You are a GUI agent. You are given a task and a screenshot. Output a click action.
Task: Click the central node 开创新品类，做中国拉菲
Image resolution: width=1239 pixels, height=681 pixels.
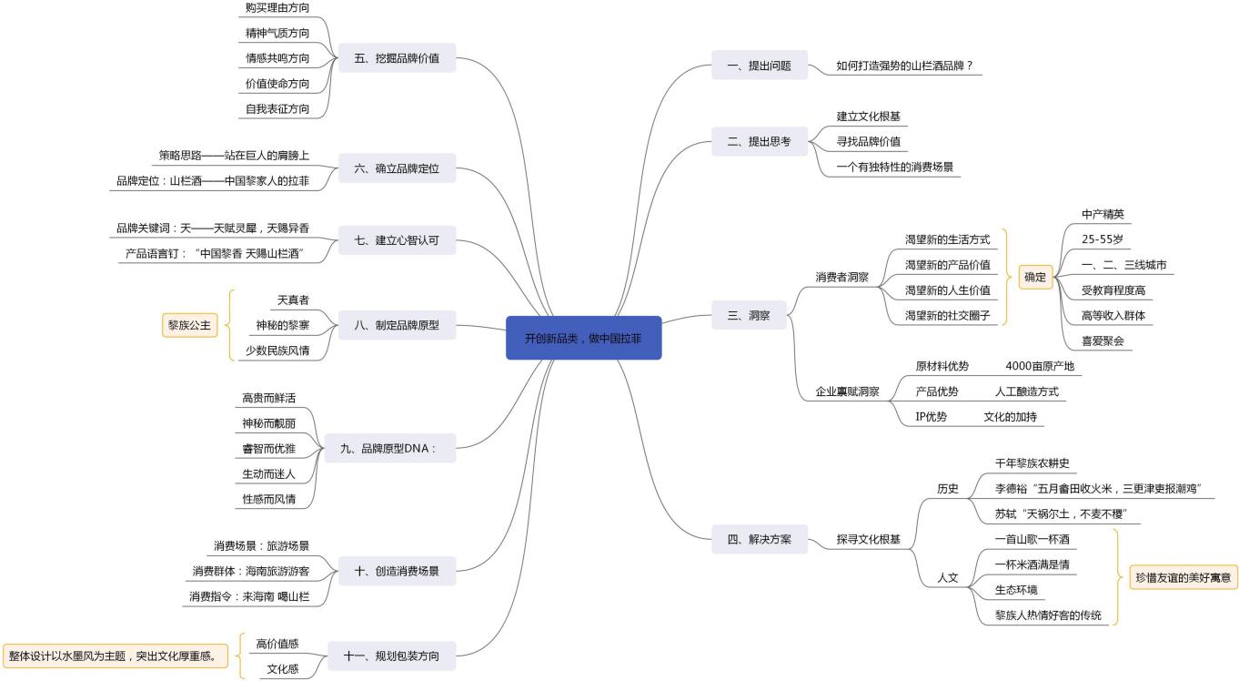(583, 338)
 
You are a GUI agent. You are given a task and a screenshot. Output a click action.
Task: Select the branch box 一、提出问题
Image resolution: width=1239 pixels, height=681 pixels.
(760, 66)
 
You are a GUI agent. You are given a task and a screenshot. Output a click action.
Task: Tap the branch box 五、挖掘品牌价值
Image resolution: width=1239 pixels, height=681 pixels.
(397, 59)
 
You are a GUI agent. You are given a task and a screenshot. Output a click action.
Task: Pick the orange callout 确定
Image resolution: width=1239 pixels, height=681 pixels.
(1035, 277)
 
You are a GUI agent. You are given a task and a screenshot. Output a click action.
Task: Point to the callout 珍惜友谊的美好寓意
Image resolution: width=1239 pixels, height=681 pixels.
(1183, 577)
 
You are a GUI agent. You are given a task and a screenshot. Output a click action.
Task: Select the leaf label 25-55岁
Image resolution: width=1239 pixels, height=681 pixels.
(1102, 240)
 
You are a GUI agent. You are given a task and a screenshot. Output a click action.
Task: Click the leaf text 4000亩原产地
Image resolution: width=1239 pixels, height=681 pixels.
(1039, 366)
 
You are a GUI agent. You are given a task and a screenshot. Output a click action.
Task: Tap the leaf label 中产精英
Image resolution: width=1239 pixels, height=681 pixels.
(1103, 215)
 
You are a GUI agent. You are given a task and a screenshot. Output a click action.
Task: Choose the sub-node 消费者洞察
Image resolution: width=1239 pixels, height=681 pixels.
(841, 277)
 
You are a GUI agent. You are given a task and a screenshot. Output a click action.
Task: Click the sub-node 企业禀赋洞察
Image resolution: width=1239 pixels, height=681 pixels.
(847, 391)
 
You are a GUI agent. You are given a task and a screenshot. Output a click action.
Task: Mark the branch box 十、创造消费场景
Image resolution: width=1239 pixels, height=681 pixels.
(397, 571)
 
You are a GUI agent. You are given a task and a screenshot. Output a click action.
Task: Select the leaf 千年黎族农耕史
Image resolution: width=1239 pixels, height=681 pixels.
(1032, 463)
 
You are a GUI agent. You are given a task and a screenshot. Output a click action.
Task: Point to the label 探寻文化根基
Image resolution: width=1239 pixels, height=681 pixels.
(869, 540)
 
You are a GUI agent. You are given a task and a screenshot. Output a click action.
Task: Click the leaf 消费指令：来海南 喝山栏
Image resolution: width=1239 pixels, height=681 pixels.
(249, 596)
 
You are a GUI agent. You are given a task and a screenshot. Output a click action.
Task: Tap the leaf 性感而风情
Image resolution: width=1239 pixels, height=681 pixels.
(268, 499)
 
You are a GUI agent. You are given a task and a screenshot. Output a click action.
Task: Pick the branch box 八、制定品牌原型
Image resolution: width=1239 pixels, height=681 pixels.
(397, 324)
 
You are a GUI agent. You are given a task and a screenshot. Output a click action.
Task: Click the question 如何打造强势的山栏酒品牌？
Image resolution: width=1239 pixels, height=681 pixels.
(904, 66)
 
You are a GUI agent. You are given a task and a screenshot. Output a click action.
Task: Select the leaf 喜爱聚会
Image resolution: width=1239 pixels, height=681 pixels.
(1103, 341)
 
